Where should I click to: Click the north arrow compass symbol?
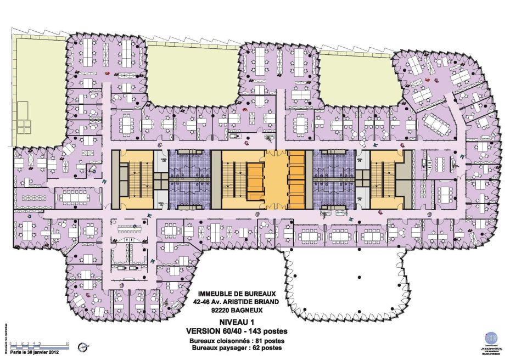click(x=83, y=347)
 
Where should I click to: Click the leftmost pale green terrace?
click(x=38, y=88)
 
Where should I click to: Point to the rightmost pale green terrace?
click(x=354, y=77)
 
